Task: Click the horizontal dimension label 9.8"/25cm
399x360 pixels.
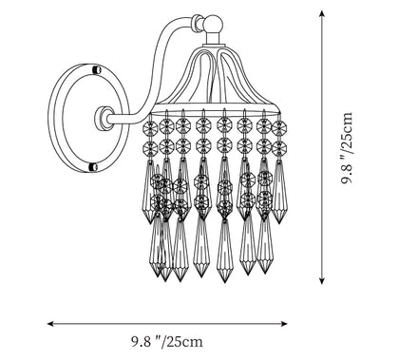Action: pyautogui.click(x=167, y=342)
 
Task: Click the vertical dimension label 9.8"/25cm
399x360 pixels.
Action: pyautogui.click(x=347, y=148)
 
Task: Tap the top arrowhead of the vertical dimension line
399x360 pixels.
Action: pyautogui.click(x=322, y=13)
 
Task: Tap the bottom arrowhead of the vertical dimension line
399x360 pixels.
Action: pyautogui.click(x=322, y=280)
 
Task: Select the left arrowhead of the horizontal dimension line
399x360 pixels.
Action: pyautogui.click(x=50, y=324)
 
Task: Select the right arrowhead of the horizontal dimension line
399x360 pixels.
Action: pyautogui.click(x=284, y=324)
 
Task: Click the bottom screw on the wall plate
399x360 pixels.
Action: pyautogui.click(x=93, y=167)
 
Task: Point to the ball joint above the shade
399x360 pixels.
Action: pyautogui.click(x=213, y=24)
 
